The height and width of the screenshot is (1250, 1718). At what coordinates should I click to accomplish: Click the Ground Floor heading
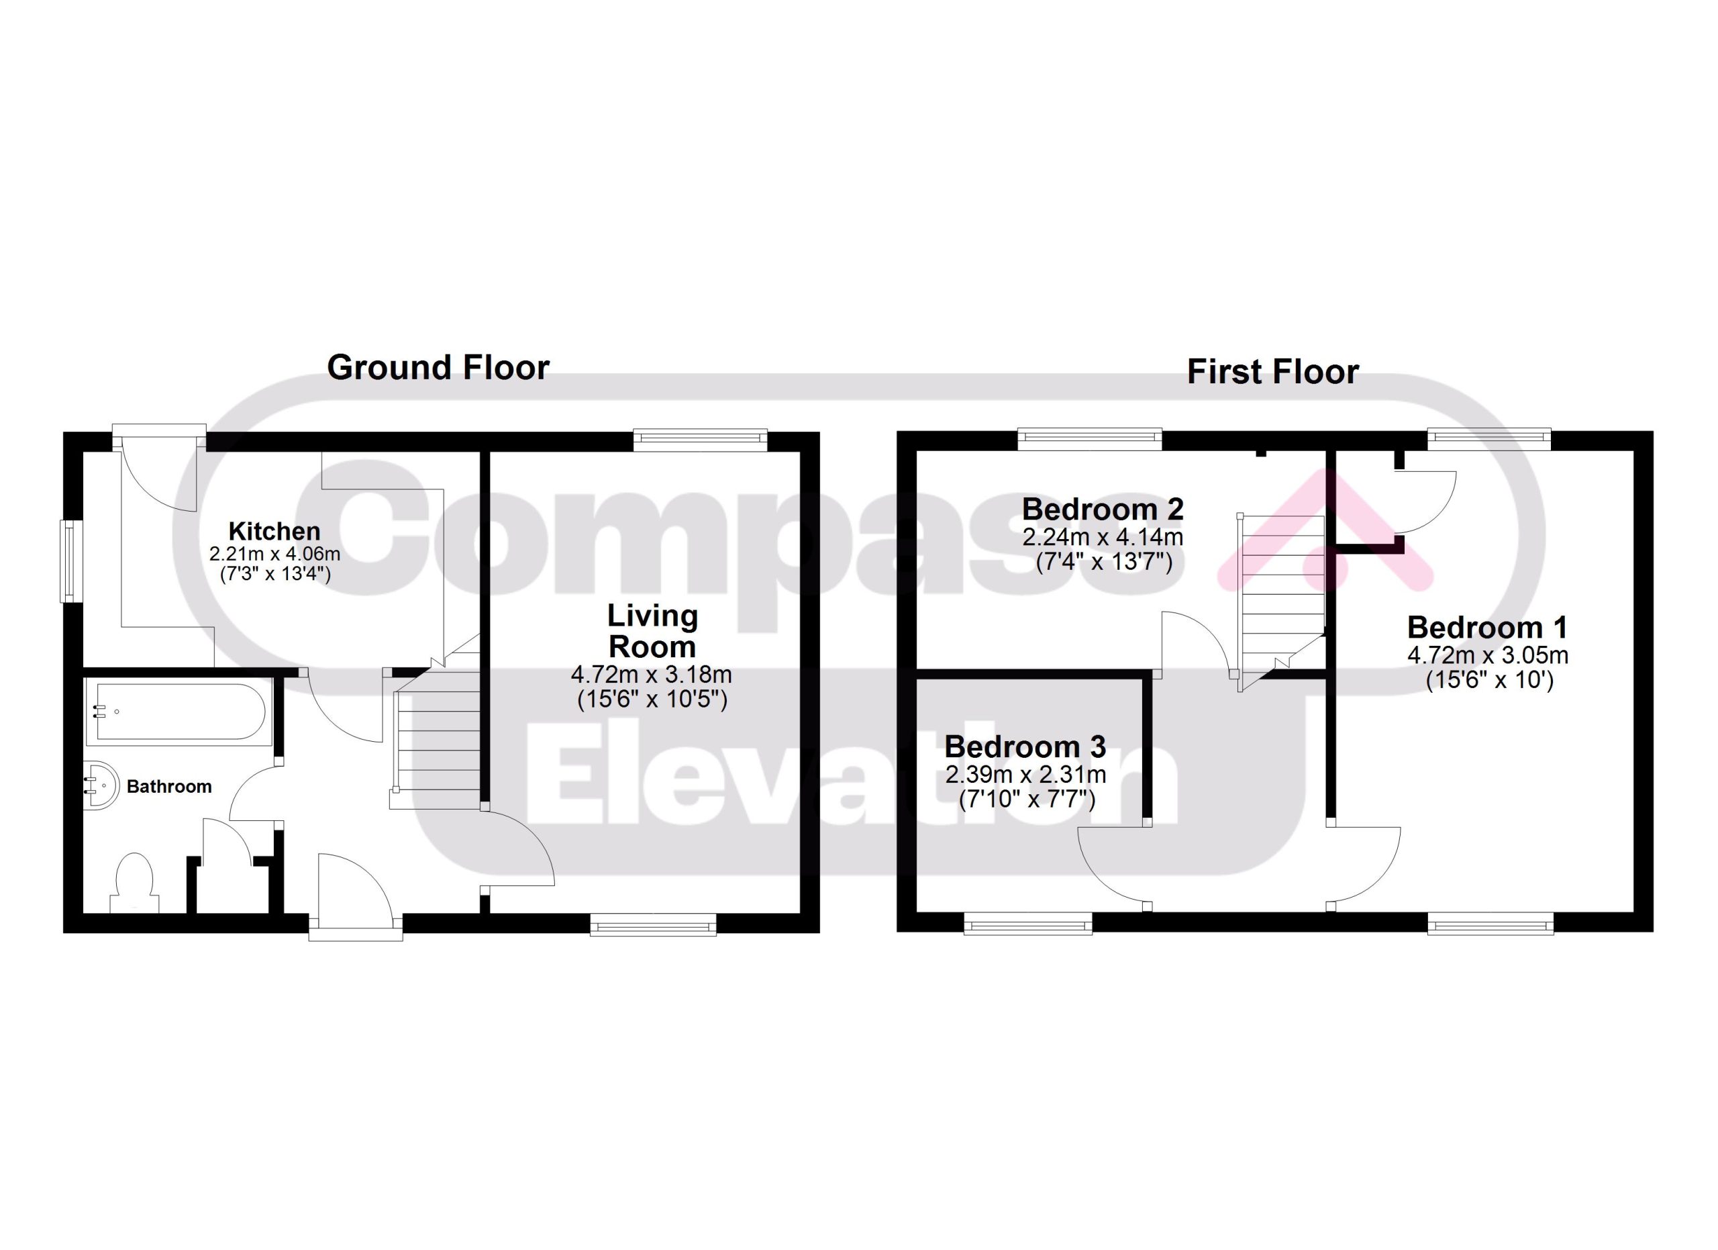coord(438,368)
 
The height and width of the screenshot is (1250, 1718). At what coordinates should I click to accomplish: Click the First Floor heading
coord(1272,372)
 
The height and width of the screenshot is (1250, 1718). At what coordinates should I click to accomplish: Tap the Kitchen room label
coord(274,531)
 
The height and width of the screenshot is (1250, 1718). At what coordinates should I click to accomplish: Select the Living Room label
coord(652,631)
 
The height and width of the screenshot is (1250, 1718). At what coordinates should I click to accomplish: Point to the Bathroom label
coord(169,786)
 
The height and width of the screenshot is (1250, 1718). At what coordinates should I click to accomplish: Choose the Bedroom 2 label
coord(1102,509)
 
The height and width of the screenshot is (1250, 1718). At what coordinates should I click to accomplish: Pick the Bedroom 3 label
coord(1025,747)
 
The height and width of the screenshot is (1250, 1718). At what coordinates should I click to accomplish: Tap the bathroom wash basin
coord(102,787)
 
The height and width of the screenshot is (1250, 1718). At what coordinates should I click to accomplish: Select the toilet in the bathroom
coord(135,883)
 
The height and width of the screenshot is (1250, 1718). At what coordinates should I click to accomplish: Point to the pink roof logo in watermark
coord(1325,530)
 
